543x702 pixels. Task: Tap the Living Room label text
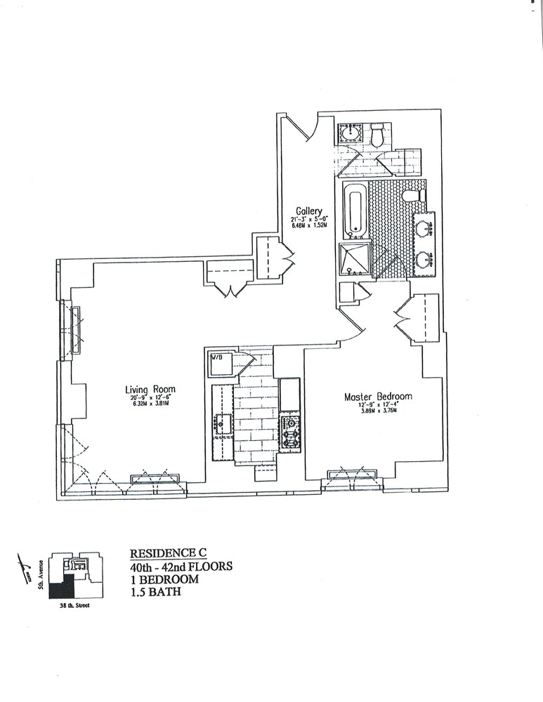[x=150, y=390]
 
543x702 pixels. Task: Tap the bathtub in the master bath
[x=355, y=209]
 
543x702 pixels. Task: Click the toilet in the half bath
[x=377, y=135]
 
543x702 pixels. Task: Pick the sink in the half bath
[x=349, y=133]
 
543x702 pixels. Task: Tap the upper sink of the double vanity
[x=424, y=228]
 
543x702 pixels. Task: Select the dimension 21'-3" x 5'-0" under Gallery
[x=309, y=220]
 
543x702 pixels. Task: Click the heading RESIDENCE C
[x=161, y=552]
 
